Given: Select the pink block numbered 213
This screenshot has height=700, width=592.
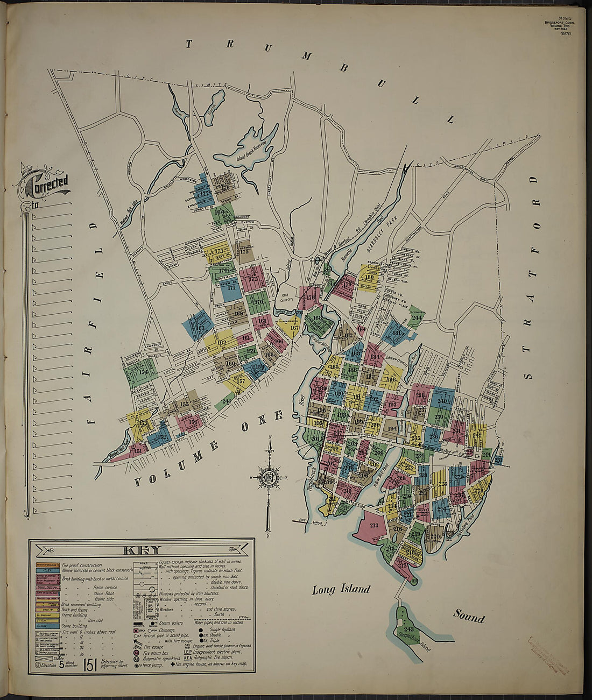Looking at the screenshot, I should click(x=373, y=526).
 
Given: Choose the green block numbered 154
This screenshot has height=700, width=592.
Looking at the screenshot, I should click(x=143, y=372).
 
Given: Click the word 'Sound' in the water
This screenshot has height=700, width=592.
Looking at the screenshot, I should click(x=468, y=616).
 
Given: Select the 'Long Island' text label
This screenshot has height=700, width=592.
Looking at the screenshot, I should click(x=341, y=589).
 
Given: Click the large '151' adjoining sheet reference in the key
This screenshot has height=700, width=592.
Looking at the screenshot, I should click(x=89, y=664).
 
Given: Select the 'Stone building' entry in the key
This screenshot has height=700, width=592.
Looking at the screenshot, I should click(x=74, y=626).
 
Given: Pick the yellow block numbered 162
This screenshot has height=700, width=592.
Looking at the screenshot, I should click(x=222, y=343).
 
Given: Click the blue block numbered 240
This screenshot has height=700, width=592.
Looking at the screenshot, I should click(x=442, y=401).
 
